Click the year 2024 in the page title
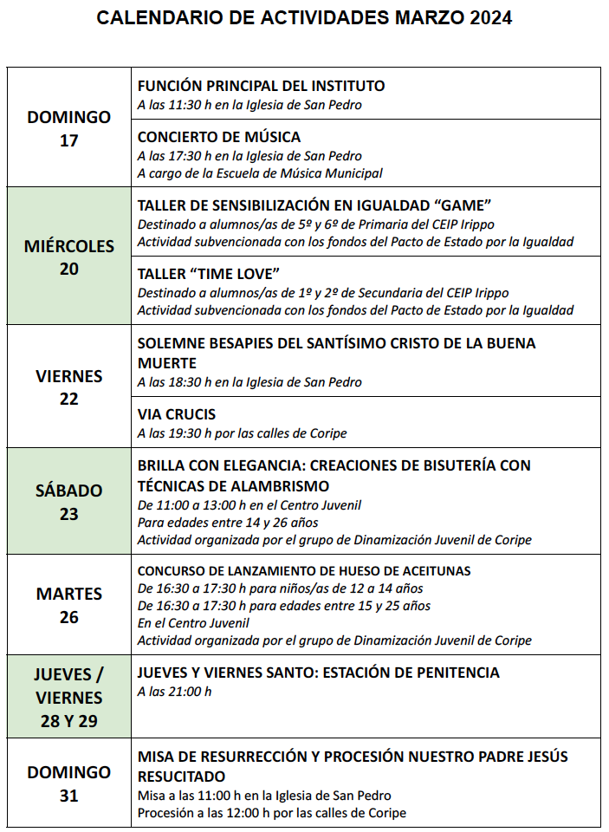pos(488,18)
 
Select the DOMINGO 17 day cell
pos(69,128)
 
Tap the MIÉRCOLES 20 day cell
pos(69,257)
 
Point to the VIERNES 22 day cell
pos(69,387)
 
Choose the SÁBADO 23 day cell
pos(69,502)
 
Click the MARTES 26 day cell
pos(69,605)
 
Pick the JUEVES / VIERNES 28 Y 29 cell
pos(69,698)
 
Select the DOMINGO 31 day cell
pos(69,783)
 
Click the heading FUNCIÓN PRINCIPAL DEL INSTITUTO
pos(261,86)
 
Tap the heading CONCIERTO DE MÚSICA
pos(219,137)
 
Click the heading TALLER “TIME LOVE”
pos(204,274)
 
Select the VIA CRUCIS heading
pos(177,414)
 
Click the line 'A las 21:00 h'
pos(174,692)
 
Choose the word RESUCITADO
pos(182,777)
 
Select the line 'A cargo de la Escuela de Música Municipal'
pos(260,173)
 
